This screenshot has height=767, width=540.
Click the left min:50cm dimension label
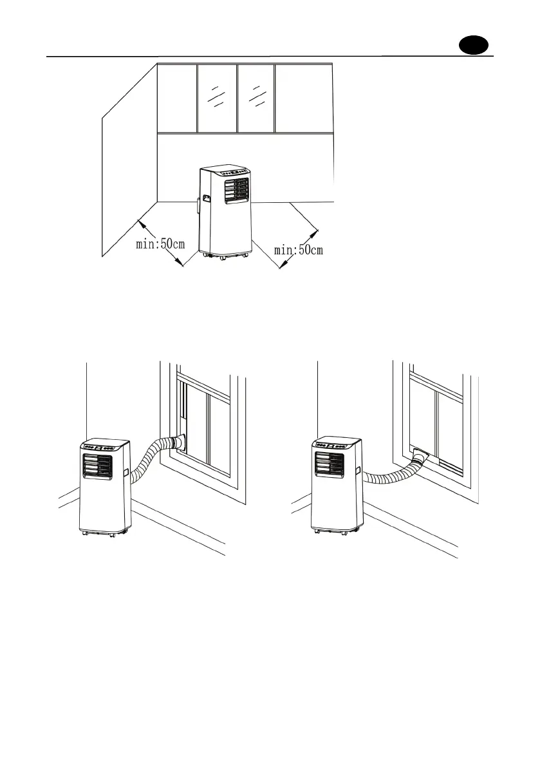[160, 244]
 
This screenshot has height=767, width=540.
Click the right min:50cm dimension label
[299, 249]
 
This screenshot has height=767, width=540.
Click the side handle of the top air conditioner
[205, 200]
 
